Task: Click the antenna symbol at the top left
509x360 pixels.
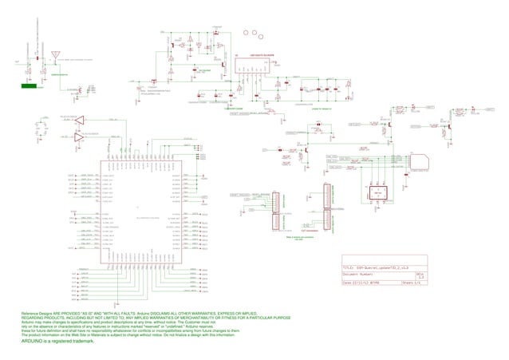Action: [55, 56]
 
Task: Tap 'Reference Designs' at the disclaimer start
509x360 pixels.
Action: [41, 313]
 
